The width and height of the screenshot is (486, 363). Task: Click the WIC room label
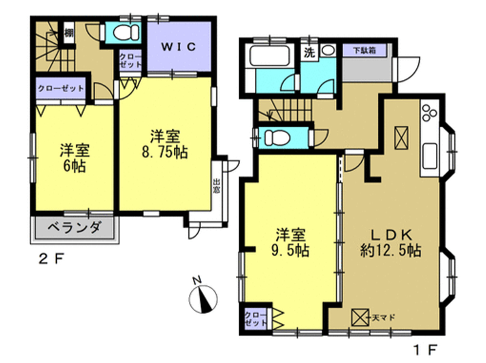[179, 47]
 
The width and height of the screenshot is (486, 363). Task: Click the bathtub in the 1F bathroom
[269, 56]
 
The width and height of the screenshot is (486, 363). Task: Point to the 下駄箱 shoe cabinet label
[364, 50]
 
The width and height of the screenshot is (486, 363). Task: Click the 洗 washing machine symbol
[309, 53]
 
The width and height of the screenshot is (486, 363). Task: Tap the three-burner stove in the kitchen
[430, 113]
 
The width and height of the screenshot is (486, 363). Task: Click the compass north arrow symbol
[203, 299]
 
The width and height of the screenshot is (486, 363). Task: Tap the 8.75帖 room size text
[165, 152]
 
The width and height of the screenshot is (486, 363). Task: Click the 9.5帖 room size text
[290, 250]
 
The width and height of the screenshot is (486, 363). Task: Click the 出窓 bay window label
[216, 186]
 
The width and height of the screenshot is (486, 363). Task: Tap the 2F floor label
[51, 259]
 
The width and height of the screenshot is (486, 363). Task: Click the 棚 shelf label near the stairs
[69, 34]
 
